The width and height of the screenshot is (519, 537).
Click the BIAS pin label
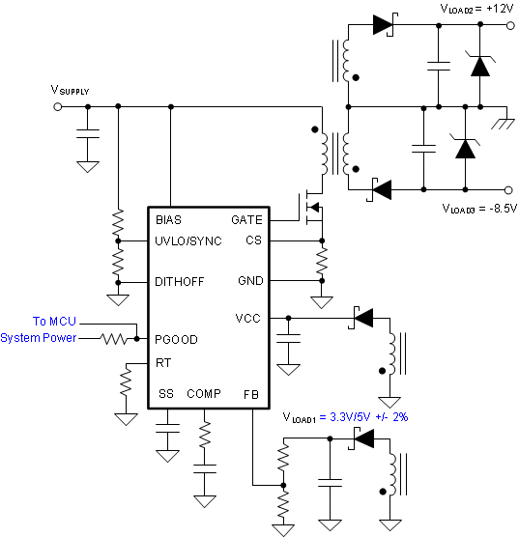(168, 219)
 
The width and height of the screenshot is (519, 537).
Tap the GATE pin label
(246, 219)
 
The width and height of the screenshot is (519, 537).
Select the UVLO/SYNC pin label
(187, 240)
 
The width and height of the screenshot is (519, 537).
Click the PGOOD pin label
(176, 339)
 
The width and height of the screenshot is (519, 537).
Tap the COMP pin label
(204, 394)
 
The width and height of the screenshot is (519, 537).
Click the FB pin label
(250, 394)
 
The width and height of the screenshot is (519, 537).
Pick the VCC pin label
(248, 318)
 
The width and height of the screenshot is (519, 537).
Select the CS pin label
(253, 240)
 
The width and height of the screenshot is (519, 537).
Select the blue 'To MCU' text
(54, 322)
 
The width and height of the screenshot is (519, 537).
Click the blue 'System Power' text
(39, 338)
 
